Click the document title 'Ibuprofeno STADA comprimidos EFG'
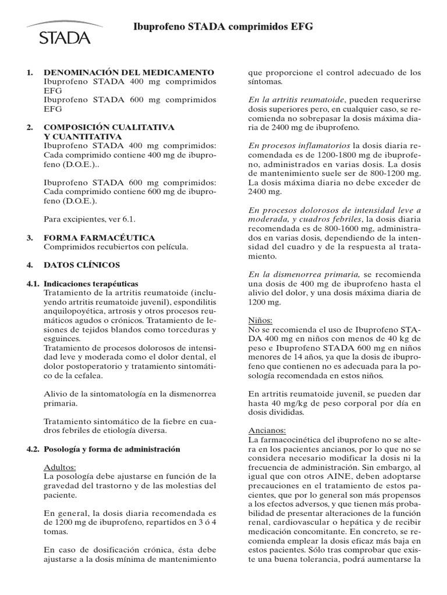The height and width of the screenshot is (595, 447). coord(223,27)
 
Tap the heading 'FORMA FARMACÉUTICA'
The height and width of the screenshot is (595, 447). coord(100,238)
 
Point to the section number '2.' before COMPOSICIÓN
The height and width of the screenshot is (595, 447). coord(30,127)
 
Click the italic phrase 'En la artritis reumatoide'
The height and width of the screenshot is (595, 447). coord(296,100)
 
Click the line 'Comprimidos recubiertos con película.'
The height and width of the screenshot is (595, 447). coord(116,247)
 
